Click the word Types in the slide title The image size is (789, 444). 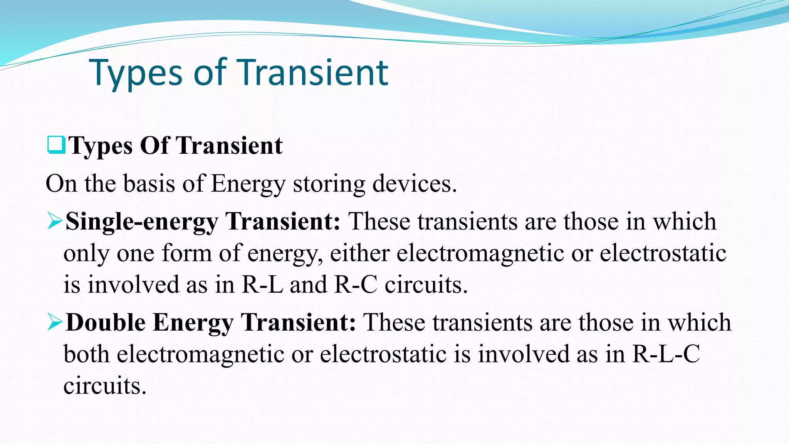[x=136, y=73]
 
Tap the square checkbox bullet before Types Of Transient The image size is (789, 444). [x=56, y=145]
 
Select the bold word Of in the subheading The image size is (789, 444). [x=154, y=146]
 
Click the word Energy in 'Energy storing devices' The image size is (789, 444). [x=248, y=184]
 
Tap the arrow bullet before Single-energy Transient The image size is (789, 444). [x=55, y=222]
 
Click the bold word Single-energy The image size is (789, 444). [x=142, y=222]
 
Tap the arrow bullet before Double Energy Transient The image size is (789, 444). [x=55, y=323]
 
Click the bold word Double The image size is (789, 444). [x=106, y=323]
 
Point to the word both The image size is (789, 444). [x=86, y=354]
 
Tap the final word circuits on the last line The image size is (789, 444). [x=105, y=386]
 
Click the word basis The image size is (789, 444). [x=149, y=184]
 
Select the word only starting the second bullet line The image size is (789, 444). [x=86, y=254]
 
